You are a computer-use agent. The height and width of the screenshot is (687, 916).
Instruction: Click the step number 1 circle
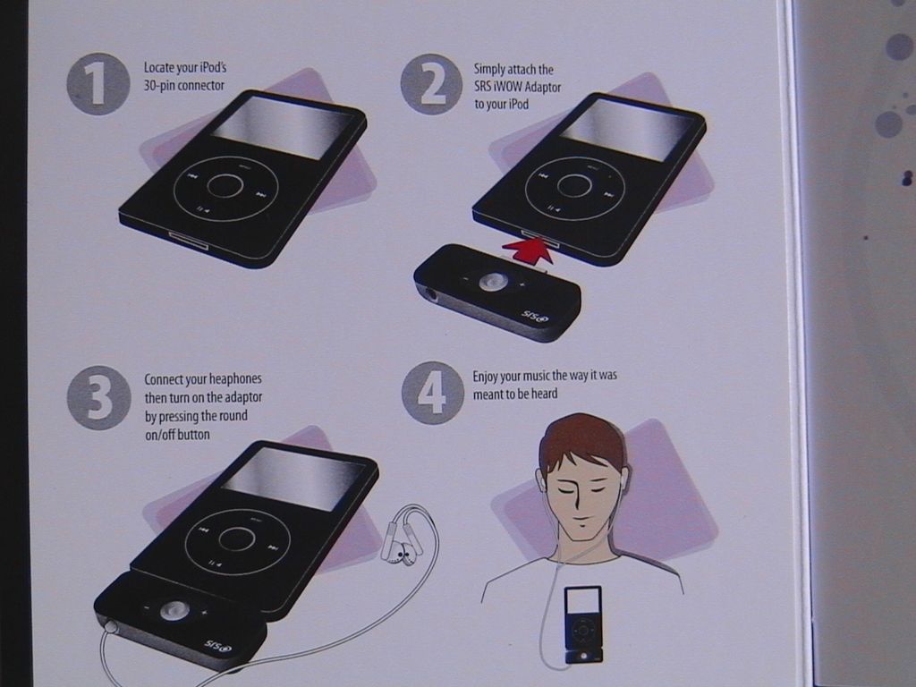tap(98, 84)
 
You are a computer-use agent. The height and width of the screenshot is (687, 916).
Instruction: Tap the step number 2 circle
tap(432, 84)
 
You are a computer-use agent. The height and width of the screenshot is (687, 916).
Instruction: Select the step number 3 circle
tap(98, 398)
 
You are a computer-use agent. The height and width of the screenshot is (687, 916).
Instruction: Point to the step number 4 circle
tap(433, 393)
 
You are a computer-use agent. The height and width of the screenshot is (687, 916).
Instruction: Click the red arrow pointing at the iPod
tap(529, 250)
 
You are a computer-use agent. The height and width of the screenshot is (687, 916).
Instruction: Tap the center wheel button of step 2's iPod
tap(574, 185)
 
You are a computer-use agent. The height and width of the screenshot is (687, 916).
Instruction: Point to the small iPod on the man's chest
tap(583, 623)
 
